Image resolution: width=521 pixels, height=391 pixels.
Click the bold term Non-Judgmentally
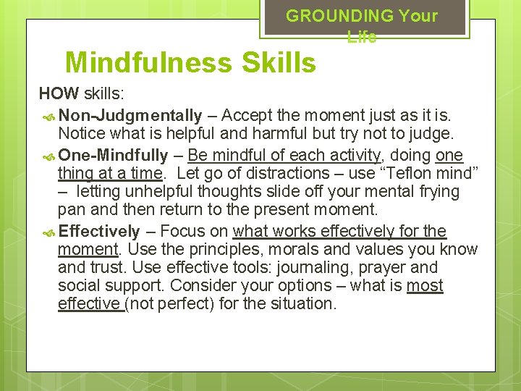130,115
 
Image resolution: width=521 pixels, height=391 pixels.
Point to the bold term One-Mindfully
114,154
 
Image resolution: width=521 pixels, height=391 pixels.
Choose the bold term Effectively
99,231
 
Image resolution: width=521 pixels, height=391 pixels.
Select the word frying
434,192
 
